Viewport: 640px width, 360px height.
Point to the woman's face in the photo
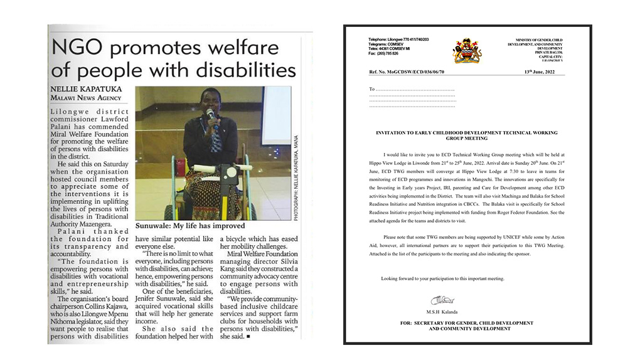click(206, 101)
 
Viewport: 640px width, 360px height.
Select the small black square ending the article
click(248, 336)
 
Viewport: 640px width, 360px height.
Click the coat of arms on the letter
click(467, 50)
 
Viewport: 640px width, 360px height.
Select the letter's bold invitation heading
click(466, 135)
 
